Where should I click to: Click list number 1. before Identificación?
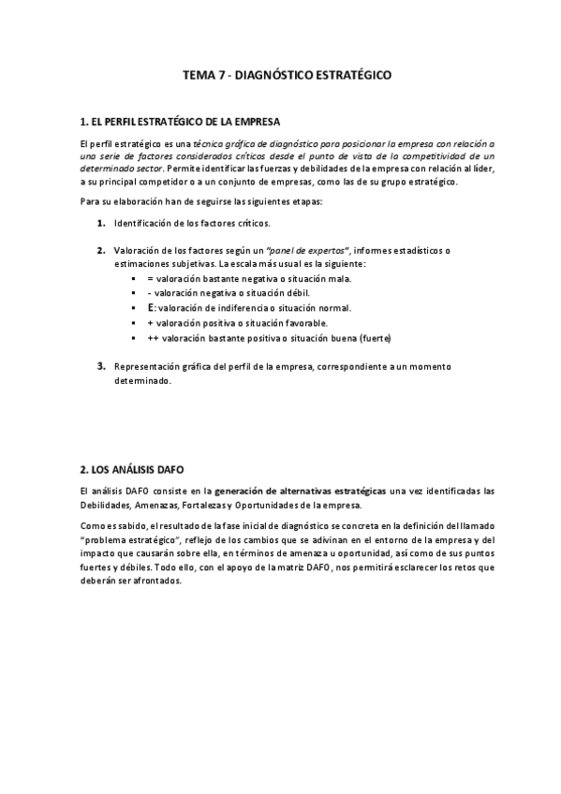(x=100, y=224)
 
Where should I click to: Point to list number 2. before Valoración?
(x=100, y=250)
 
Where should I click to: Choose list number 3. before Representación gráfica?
(x=100, y=365)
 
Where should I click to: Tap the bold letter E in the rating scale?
(x=151, y=307)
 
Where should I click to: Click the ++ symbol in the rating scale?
(x=152, y=337)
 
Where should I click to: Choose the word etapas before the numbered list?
(x=302, y=203)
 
